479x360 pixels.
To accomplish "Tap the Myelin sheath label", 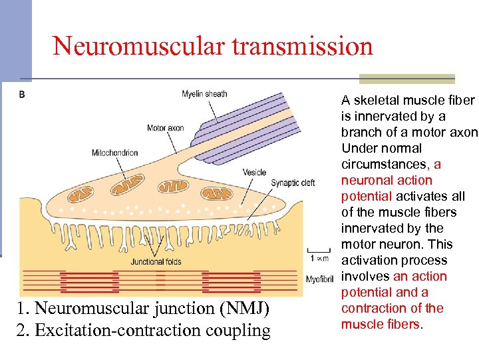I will [x=204, y=94].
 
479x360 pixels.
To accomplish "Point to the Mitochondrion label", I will [x=114, y=153].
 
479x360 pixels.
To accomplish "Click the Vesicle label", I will [x=254, y=172].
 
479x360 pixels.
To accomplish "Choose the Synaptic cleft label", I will [x=293, y=183].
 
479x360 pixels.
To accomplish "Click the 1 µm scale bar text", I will [x=320, y=257].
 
